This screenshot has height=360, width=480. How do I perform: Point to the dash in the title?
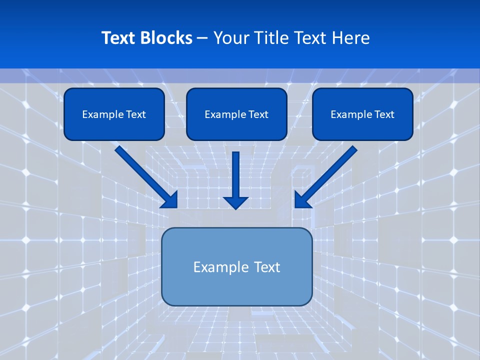(203, 38)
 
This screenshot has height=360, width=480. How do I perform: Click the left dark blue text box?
(114, 114)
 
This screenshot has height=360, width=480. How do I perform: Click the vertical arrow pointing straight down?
(235, 175)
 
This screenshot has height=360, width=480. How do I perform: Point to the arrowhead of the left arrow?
(170, 199)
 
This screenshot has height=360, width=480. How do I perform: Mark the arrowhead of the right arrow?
(301, 199)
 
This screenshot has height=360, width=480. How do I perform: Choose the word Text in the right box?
(384, 114)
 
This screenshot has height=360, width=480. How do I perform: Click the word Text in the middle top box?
(258, 114)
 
